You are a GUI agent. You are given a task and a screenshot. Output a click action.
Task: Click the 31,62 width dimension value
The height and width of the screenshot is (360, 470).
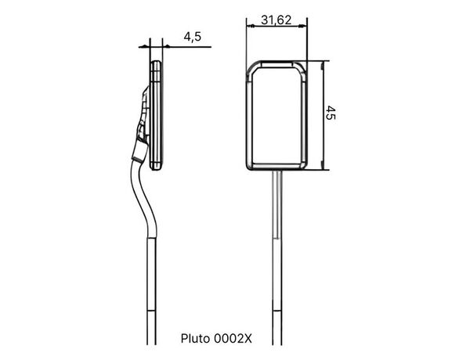point(276,20)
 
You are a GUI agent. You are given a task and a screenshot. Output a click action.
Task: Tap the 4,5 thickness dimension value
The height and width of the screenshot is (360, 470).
point(193,37)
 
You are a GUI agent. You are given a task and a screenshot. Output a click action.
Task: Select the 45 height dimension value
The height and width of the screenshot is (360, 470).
point(331,113)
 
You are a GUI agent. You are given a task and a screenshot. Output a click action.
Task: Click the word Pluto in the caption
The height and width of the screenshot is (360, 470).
point(195,339)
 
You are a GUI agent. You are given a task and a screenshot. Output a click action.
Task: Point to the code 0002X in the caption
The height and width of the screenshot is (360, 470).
point(233,339)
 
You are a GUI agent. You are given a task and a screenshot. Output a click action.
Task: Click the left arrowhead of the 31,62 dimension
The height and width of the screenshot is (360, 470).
point(251,27)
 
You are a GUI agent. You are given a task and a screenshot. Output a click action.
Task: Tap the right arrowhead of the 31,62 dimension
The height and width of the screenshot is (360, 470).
point(302,27)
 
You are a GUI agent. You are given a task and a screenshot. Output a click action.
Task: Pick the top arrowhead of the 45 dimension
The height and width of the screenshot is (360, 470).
point(323,65)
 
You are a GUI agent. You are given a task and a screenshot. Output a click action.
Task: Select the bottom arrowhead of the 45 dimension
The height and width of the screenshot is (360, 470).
point(323,166)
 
